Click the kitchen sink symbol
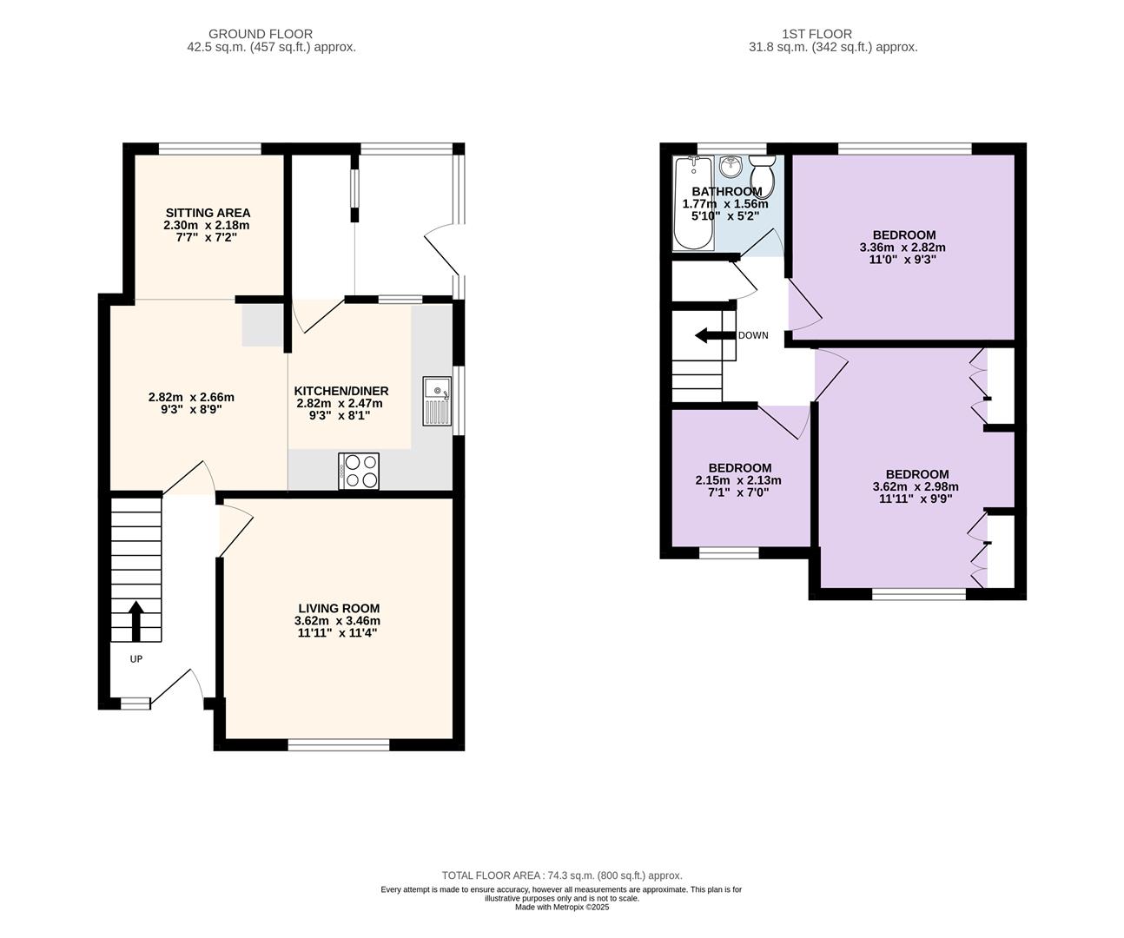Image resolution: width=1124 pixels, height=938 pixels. (437, 401)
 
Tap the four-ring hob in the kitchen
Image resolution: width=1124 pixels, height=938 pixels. (359, 472)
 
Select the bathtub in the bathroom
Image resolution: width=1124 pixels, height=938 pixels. (694, 203)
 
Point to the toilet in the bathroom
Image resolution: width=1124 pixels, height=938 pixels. (763, 176)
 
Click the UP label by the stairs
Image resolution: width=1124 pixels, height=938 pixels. (136, 658)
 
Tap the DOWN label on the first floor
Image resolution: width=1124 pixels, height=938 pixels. (753, 335)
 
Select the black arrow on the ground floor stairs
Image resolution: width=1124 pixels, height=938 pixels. (136, 621)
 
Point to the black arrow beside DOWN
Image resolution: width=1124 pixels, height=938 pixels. (716, 335)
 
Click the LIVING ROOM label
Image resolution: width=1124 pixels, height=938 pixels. (339, 608)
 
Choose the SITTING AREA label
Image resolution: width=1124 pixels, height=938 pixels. (208, 213)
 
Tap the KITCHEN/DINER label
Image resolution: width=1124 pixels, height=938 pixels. (341, 391)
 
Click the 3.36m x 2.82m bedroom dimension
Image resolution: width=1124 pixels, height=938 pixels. (903, 248)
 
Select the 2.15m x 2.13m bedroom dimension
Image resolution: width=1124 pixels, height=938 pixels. (738, 480)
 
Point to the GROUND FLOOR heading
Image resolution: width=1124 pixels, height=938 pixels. (261, 34)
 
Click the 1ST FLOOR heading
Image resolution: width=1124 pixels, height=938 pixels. (817, 34)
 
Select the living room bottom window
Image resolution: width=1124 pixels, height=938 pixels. (339, 745)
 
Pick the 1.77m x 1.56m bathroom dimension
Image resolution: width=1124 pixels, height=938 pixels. (725, 204)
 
